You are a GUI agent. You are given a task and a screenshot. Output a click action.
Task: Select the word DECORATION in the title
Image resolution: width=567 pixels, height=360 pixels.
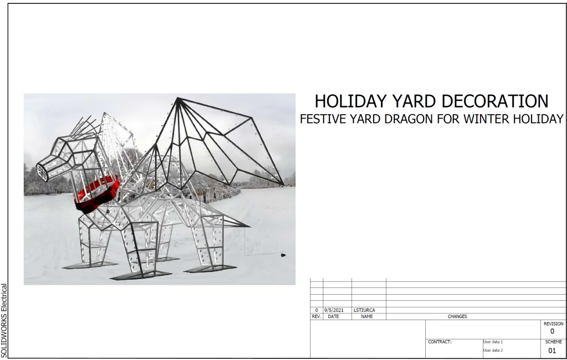pos(495,101)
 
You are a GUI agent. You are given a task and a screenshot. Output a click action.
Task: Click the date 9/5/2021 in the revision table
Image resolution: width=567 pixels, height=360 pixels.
pos(333,310)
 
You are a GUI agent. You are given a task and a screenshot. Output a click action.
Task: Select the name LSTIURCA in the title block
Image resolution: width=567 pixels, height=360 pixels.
pos(364,310)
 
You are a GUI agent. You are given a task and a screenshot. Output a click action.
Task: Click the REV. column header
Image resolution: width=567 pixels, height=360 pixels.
pos(316,316)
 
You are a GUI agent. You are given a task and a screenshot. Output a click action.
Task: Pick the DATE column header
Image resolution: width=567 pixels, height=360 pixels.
pos(333,316)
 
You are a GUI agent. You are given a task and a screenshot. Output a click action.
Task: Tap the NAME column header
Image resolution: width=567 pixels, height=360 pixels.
pos(367,316)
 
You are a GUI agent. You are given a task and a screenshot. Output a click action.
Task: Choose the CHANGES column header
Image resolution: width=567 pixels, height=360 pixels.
pos(457,316)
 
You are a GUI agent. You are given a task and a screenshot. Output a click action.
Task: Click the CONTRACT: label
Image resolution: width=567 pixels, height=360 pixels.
pos(439,342)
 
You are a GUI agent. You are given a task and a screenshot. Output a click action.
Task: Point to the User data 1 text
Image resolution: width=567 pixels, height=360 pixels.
pos(493,342)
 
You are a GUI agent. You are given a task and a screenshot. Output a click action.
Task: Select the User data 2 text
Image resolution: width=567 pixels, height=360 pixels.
pos(493,350)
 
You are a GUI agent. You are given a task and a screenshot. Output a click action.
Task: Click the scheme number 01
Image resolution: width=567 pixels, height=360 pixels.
pos(552,351)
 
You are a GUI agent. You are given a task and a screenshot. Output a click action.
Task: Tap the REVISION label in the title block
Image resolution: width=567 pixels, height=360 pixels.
pos(553,324)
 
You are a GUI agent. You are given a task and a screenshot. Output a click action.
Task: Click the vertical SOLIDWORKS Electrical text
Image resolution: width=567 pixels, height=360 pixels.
pos(4,321)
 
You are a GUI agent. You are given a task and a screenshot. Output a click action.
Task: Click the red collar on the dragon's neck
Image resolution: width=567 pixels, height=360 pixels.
pos(97,194)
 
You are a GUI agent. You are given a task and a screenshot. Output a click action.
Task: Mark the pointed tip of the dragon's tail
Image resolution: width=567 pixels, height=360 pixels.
pos(250,227)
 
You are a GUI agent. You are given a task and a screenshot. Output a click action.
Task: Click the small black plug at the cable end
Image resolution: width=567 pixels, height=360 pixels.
pos(283,255)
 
